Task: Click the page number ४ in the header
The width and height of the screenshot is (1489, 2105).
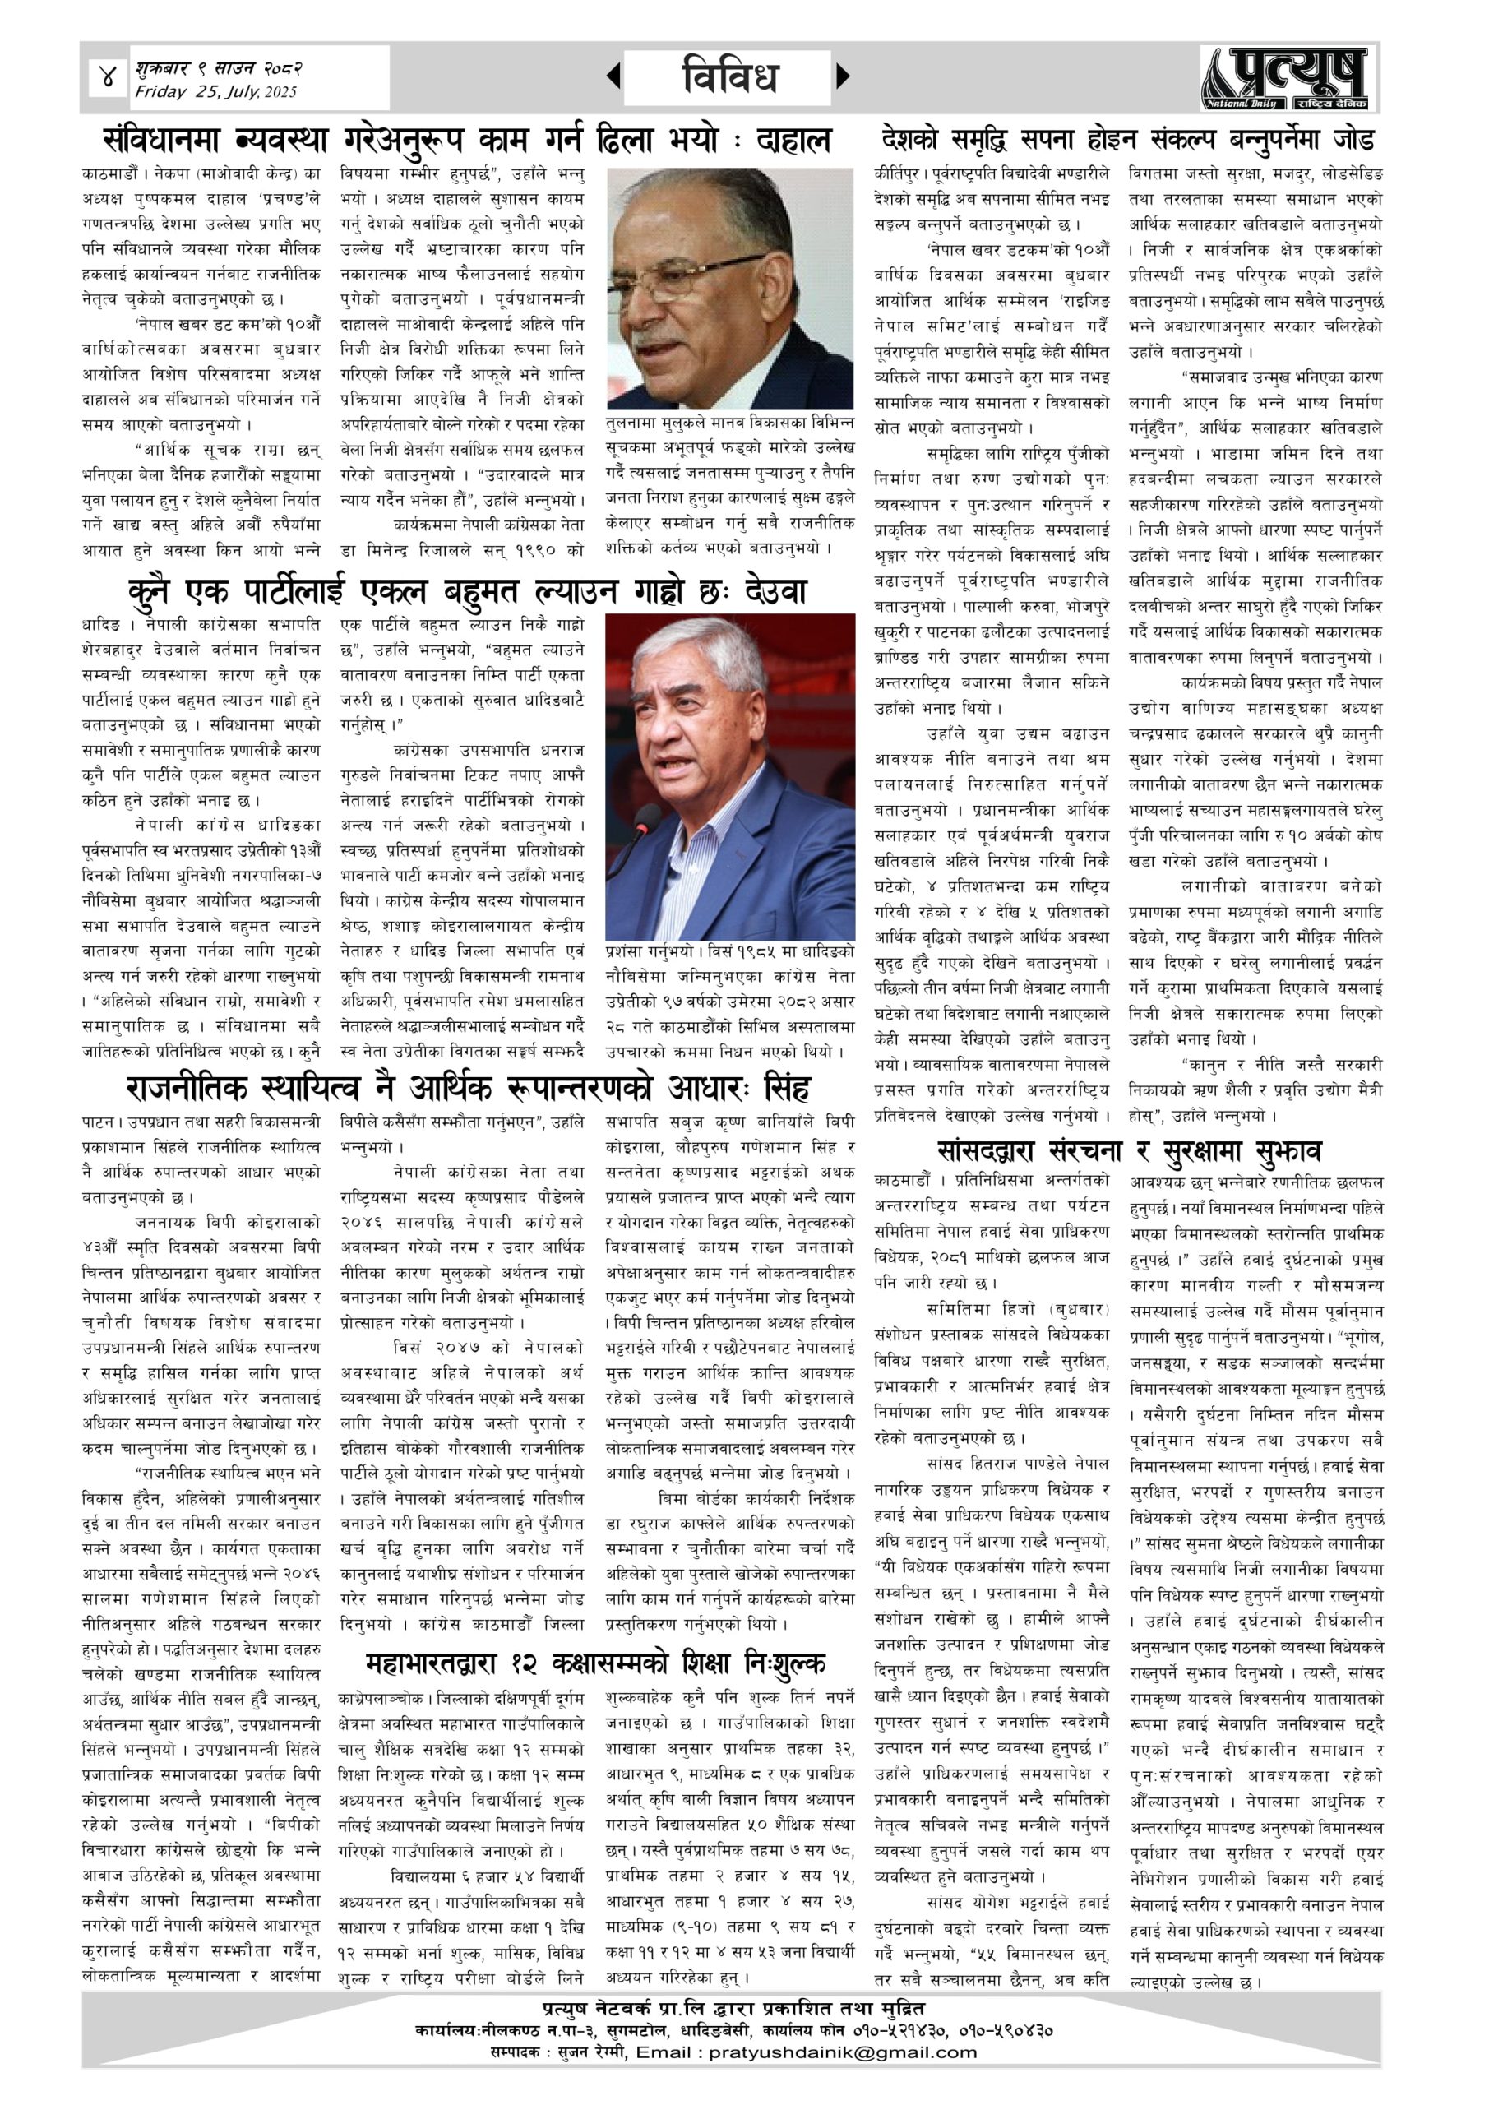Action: tap(109, 78)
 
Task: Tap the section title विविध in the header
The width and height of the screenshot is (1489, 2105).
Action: tap(730, 77)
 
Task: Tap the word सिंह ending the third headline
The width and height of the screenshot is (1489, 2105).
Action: tap(780, 1090)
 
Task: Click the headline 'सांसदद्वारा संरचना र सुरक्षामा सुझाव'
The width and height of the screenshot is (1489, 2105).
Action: tap(1130, 1150)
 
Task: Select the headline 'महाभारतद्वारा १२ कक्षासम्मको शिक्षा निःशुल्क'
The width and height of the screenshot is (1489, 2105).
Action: tap(596, 1661)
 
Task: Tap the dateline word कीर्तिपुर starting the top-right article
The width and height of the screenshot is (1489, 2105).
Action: tap(899, 173)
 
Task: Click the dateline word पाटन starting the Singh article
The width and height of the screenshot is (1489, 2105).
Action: tap(97, 1122)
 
